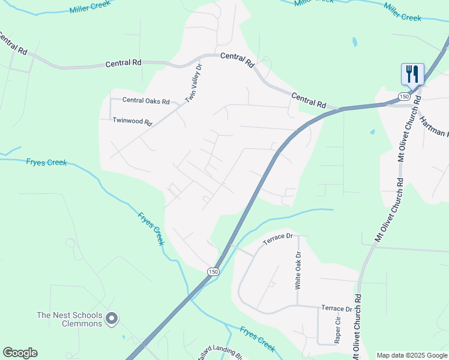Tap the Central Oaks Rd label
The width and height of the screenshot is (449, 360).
pos(146,101)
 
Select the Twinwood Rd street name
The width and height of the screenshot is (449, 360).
pos(133,121)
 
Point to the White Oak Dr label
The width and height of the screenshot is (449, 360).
pos(297,271)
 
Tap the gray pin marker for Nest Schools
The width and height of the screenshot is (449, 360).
pos(112,319)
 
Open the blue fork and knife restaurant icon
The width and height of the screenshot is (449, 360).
pos(412,74)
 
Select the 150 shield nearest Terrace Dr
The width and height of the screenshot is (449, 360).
pos(213,272)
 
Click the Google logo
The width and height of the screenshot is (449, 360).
pos(20,353)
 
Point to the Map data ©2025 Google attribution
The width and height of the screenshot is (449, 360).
pos(412,355)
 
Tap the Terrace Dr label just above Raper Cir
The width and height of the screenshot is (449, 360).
pos(336,308)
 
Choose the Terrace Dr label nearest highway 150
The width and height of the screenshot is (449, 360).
pos(277,238)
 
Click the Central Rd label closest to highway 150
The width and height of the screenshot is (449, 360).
pos(309,99)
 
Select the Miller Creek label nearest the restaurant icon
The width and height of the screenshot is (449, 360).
pos(402,12)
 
